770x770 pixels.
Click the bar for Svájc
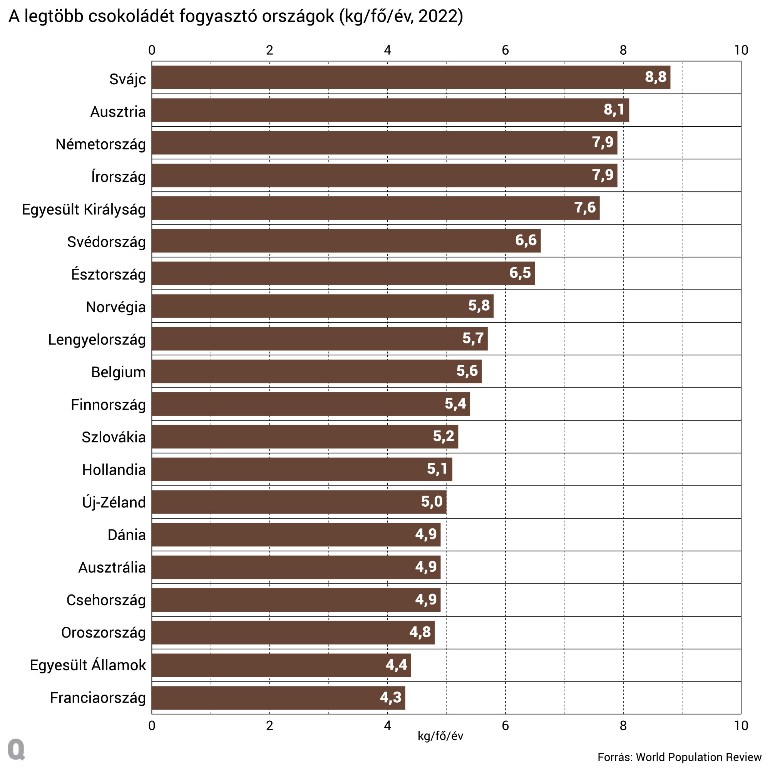[x=410, y=77]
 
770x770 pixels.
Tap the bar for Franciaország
[x=278, y=698]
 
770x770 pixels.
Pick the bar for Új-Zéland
[x=299, y=502]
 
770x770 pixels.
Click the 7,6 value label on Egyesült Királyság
[x=585, y=208]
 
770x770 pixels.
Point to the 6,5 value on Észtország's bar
[x=520, y=273]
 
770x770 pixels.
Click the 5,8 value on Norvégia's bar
[x=479, y=306]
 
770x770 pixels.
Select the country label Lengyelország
[x=97, y=340]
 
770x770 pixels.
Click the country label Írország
[x=118, y=177]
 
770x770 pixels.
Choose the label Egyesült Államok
[x=88, y=665]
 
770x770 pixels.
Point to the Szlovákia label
[x=114, y=437]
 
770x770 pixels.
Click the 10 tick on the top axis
[x=740, y=50]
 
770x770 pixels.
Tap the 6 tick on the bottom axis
[x=505, y=726]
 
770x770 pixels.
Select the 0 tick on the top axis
[x=152, y=50]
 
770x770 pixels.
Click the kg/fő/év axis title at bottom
[x=440, y=736]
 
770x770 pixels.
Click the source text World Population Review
[x=698, y=757]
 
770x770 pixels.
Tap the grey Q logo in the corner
[x=16, y=750]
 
